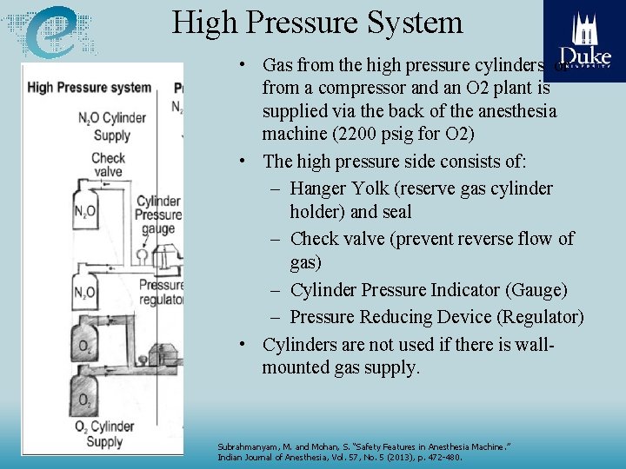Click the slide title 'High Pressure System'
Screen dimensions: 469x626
tap(317, 23)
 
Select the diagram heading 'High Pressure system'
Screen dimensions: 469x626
tap(89, 88)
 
